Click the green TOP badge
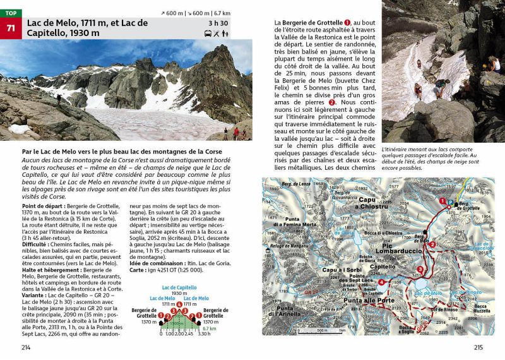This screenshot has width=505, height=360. point(11,13)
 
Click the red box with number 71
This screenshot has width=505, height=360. point(11,28)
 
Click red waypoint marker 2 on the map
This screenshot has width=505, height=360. point(432,244)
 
